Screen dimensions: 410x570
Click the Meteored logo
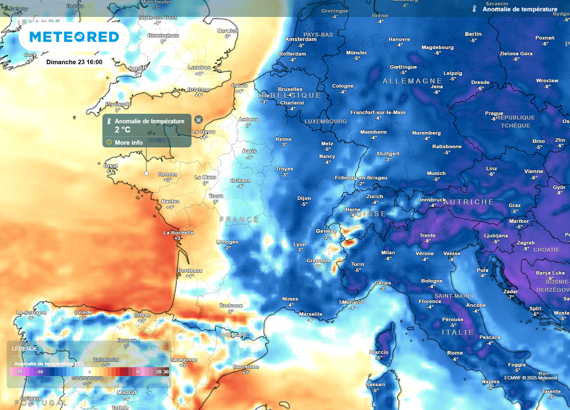[x=74, y=37]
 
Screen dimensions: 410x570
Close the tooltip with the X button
[x=198, y=120]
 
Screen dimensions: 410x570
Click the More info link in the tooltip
[x=129, y=142]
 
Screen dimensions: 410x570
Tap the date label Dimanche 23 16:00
[x=74, y=62]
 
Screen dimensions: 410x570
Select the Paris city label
[x=249, y=152]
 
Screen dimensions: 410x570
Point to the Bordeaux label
[x=190, y=270]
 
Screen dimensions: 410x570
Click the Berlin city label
[x=473, y=34]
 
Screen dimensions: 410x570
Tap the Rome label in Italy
[x=455, y=353]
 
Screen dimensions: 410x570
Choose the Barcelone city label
[x=245, y=367]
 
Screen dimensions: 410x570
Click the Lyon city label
[x=299, y=244]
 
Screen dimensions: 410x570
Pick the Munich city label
[x=436, y=173]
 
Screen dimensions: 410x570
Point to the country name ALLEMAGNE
[x=412, y=81]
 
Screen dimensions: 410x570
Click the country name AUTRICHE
[x=468, y=202]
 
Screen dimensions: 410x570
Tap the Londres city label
[x=199, y=67]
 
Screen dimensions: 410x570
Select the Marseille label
[x=311, y=314]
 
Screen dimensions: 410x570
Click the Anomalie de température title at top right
[x=519, y=9]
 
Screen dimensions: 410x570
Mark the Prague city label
[x=494, y=113]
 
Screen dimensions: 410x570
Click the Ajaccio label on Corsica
[x=379, y=352]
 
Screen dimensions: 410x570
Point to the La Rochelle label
[x=178, y=232]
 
